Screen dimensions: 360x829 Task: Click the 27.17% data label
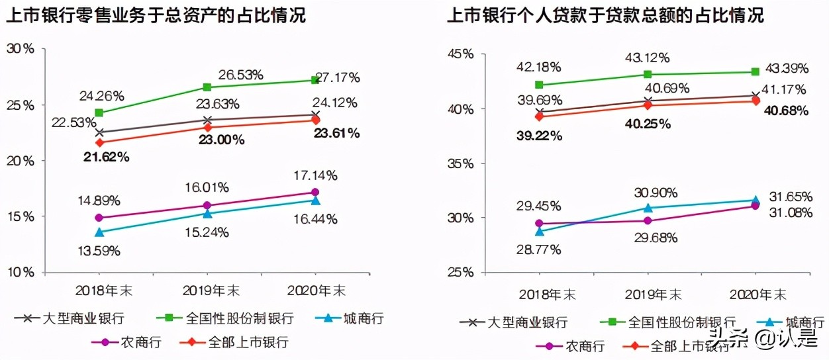point(337,78)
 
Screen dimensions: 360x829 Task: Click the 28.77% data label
point(539,249)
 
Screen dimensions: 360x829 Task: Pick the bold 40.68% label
point(785,111)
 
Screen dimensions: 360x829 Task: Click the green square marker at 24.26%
point(99,112)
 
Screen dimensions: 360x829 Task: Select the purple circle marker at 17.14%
point(315,193)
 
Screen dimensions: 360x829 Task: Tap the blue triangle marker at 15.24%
point(207,214)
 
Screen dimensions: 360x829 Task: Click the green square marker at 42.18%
point(539,85)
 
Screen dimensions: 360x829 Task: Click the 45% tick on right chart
point(463,54)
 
